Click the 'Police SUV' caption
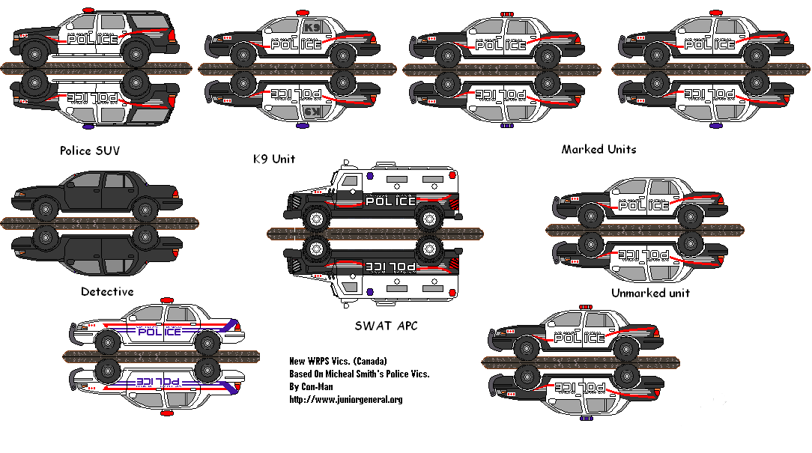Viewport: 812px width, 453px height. (90, 151)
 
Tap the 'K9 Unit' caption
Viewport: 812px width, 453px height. (273, 159)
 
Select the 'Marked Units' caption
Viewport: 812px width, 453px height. (599, 149)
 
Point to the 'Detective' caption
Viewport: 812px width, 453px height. (107, 291)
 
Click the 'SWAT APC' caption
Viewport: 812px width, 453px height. (386, 326)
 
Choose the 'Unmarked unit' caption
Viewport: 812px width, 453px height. (650, 292)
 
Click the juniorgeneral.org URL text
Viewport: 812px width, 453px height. (345, 399)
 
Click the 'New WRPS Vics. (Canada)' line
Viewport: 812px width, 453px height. (338, 361)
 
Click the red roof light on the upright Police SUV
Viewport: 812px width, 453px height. (88, 10)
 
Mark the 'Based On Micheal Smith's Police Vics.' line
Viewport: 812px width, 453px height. (359, 374)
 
